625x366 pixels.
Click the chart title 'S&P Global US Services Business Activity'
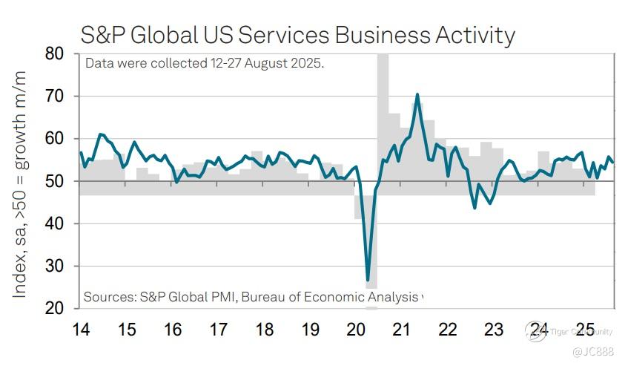297,34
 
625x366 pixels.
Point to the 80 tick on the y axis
54,54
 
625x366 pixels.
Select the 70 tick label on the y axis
54,97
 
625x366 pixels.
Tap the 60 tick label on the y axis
54,139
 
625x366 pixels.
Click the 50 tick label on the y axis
54,181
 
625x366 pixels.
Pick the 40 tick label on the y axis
54,223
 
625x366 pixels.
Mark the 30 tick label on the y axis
54,266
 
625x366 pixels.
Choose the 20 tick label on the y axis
54,308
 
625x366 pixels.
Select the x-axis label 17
219,329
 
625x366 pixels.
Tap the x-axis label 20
357,329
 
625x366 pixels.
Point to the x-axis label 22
448,329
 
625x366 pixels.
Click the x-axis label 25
585,329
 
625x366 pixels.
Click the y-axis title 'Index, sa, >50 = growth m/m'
21,183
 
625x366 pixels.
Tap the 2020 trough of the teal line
368,280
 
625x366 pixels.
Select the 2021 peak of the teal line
417,94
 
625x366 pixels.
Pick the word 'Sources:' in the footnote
108,297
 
